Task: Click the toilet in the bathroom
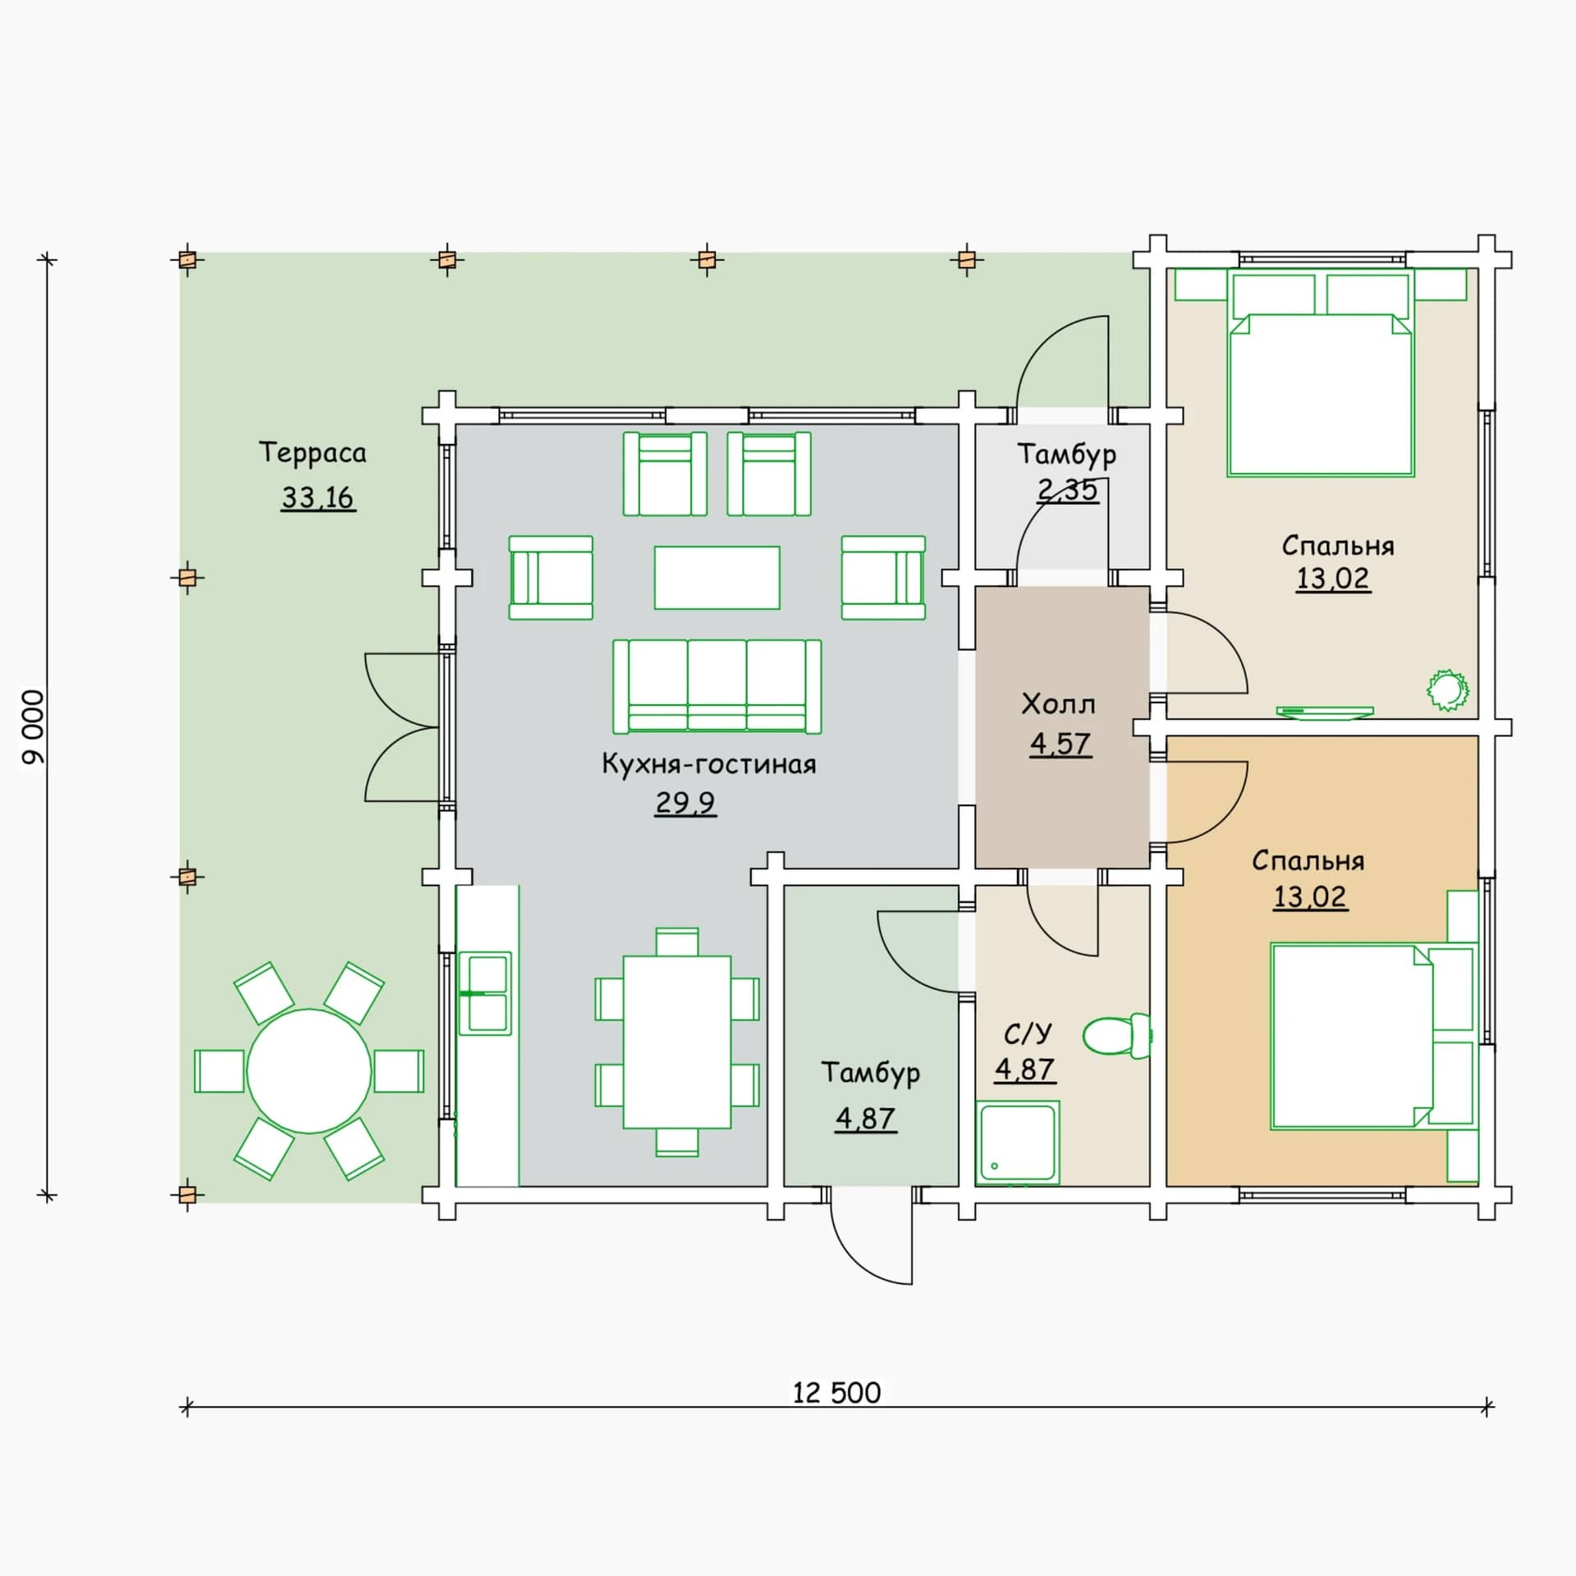click(1117, 1036)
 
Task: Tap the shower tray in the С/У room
click(1018, 1143)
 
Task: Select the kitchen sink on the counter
click(485, 993)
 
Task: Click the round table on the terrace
click(309, 1071)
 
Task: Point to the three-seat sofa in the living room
click(717, 686)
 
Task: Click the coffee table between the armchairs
click(717, 578)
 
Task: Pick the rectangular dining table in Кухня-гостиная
click(677, 1042)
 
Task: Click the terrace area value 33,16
click(318, 497)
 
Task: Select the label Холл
click(1058, 704)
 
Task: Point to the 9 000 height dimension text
click(34, 727)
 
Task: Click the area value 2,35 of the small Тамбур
click(1067, 489)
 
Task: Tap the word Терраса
click(313, 453)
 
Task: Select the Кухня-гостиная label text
click(709, 764)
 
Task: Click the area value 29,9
click(685, 802)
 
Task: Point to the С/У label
click(1028, 1033)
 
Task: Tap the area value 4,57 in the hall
click(1061, 744)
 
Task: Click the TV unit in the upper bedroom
click(1325, 712)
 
